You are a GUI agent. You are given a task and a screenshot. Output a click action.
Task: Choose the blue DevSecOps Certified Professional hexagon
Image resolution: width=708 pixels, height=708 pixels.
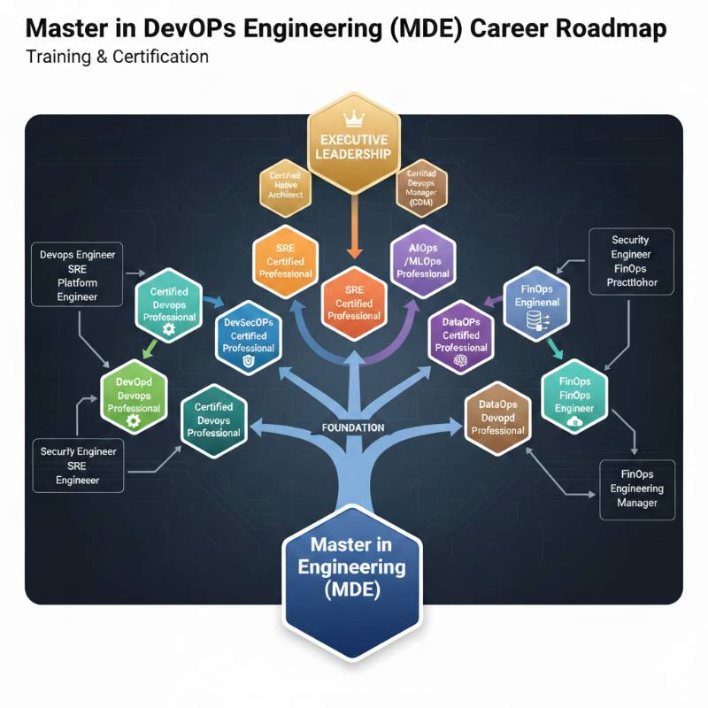[x=249, y=336]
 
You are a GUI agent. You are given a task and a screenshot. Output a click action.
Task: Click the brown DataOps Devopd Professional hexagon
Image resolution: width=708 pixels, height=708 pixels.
[x=497, y=417]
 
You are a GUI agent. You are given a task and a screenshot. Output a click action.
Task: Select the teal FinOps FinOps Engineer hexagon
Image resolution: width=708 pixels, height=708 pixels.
[x=574, y=395]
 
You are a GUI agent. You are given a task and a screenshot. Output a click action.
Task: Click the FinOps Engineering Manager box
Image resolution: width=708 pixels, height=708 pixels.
[x=637, y=489]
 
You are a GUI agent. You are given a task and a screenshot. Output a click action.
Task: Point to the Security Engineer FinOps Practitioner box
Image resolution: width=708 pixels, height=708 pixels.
[x=630, y=262]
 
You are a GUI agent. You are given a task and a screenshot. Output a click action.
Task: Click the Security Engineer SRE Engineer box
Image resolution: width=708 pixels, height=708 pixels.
[x=77, y=466]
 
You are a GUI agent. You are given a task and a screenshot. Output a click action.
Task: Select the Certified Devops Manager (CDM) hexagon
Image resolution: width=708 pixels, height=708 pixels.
[x=422, y=188]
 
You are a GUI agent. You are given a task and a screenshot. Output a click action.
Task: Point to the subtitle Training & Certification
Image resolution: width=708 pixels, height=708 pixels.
[x=117, y=58]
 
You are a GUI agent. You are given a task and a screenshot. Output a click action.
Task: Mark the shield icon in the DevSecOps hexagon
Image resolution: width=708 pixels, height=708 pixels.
[x=248, y=362]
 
